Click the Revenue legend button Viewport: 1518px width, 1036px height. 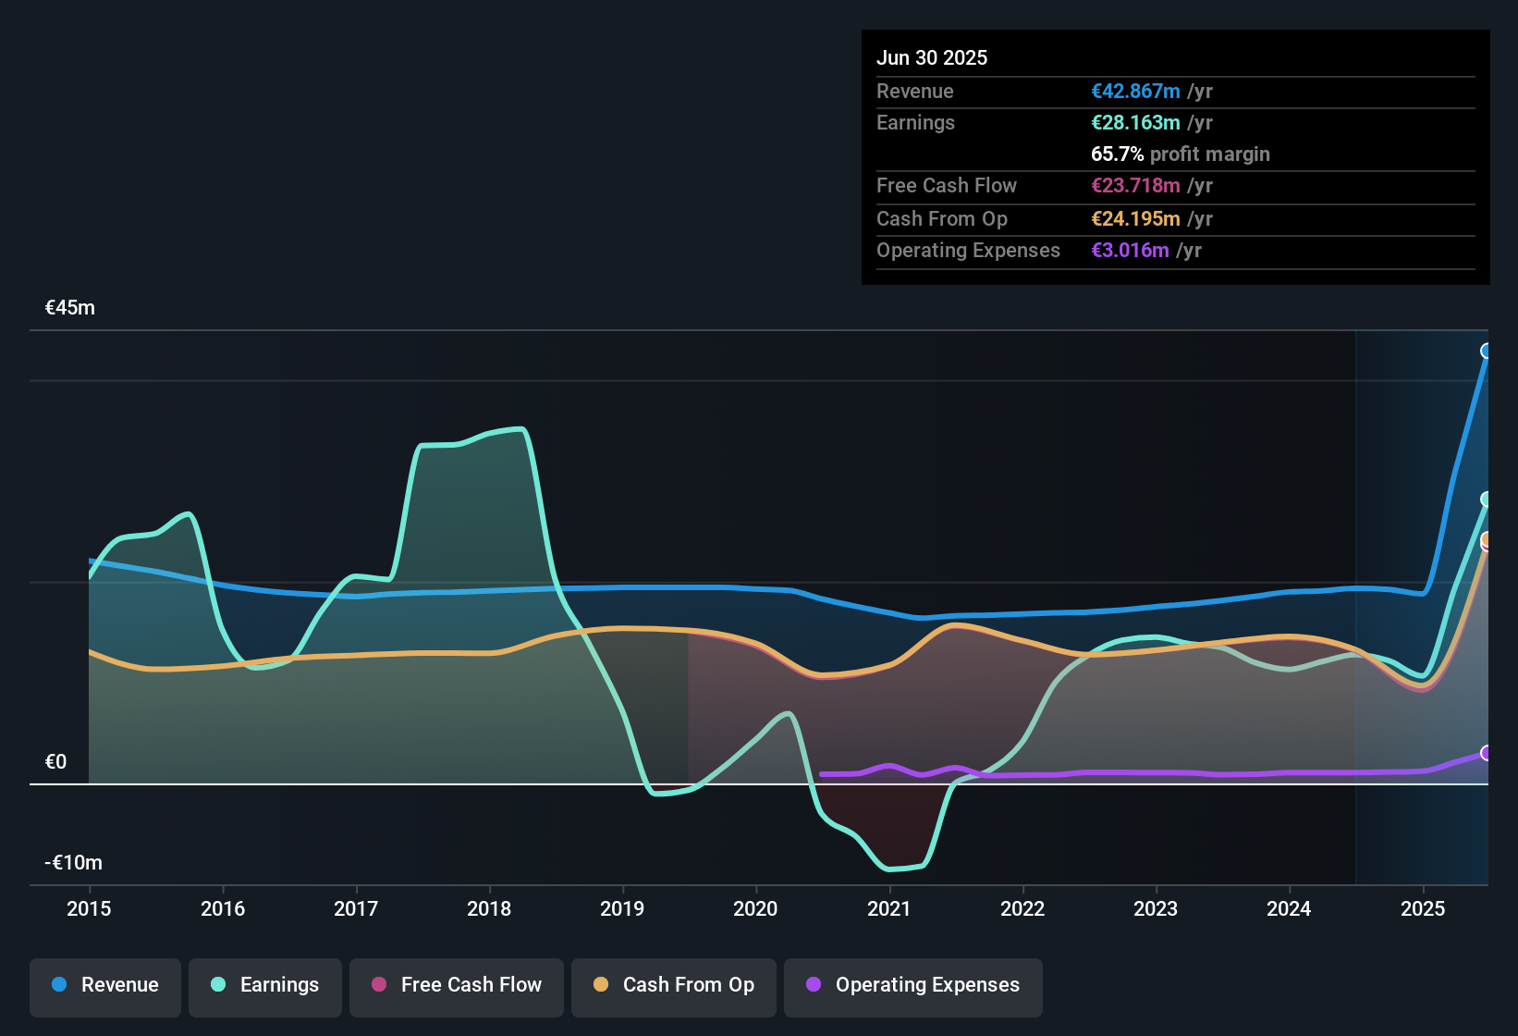(105, 986)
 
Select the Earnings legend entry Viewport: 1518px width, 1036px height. (265, 986)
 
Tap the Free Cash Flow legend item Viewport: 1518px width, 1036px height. (457, 986)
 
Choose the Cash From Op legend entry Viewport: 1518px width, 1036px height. (674, 986)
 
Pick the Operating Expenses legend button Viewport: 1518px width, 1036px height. (913, 986)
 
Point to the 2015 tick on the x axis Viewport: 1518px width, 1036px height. (89, 908)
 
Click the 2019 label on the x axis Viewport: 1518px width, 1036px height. (622, 908)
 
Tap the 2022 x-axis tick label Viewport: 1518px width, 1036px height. (1022, 908)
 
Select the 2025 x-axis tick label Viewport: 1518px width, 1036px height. (1422, 908)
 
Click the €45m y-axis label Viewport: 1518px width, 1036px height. (70, 308)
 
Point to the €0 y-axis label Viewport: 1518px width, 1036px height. (56, 762)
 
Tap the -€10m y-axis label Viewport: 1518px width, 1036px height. (74, 863)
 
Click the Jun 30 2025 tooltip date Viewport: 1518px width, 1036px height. (932, 57)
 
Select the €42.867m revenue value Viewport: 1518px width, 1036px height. (1135, 92)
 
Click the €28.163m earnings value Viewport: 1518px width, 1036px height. (1135, 123)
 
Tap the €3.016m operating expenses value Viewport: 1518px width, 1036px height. (1130, 251)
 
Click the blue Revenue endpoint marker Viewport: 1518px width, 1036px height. (1487, 351)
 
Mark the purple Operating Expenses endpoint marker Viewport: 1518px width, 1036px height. (1487, 753)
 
